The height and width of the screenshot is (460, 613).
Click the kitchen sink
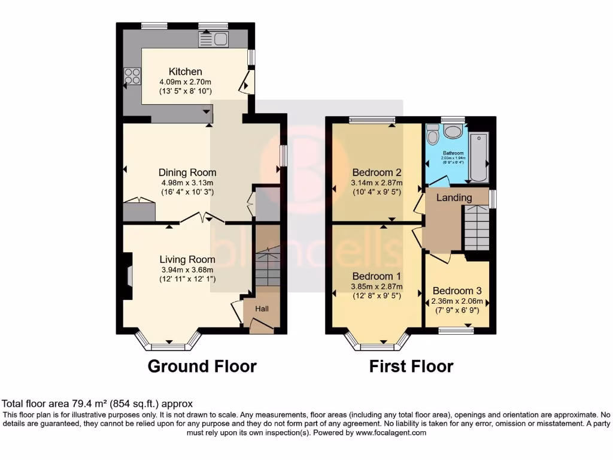click(x=214, y=40)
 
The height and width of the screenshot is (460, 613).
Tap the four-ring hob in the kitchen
click(x=132, y=77)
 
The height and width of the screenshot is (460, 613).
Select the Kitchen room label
click(x=185, y=71)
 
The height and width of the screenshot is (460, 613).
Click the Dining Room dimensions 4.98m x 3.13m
click(x=187, y=183)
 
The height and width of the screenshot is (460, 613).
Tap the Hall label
click(x=262, y=309)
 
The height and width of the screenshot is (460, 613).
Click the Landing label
click(x=453, y=198)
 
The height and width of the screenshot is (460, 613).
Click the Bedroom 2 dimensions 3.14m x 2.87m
click(x=376, y=183)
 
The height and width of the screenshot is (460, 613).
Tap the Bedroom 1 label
click(x=377, y=276)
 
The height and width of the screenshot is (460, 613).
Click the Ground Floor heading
click(x=202, y=366)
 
